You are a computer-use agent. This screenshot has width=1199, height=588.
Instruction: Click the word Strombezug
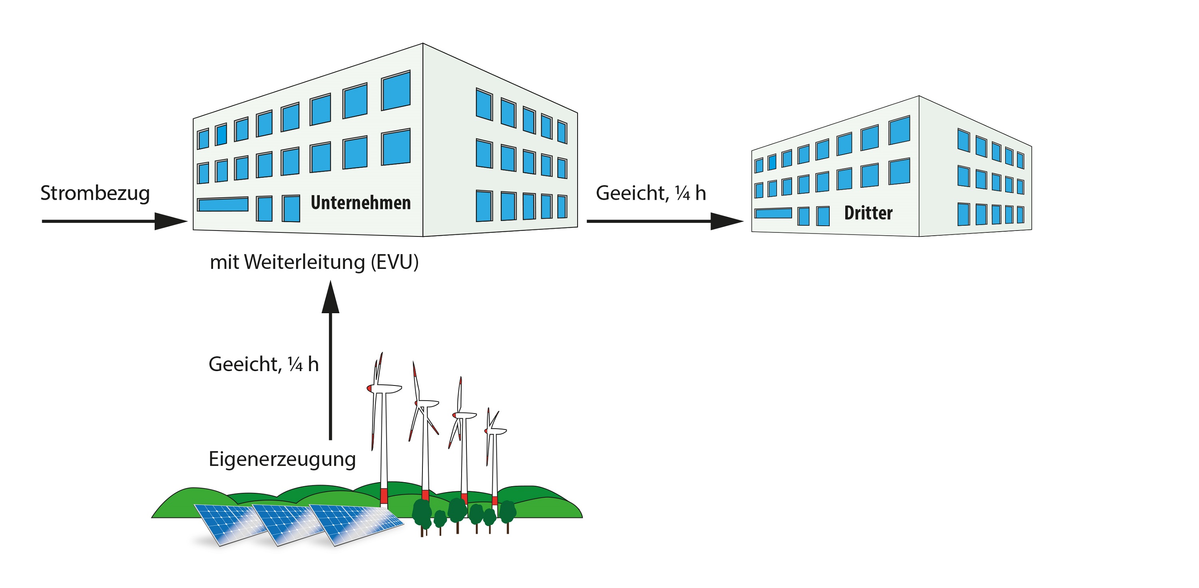95,193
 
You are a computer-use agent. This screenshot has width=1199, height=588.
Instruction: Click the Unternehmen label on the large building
361,203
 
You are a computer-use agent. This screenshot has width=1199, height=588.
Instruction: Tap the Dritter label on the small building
868,213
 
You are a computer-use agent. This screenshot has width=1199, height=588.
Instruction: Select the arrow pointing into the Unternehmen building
114,221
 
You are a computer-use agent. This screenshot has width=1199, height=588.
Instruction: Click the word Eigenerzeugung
282,459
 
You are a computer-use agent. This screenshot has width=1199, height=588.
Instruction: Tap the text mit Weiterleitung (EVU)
314,262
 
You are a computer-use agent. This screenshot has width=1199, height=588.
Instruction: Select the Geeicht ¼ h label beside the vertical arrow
263,364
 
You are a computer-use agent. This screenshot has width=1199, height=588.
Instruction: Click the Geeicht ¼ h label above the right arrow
651,193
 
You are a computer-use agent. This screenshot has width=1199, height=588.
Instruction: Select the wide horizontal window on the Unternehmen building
223,204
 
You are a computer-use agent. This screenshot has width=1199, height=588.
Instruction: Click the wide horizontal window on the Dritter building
773,213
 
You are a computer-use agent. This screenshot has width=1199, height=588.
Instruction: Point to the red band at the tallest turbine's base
384,495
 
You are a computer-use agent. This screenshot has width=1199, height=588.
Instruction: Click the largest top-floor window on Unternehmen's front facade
396,91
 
